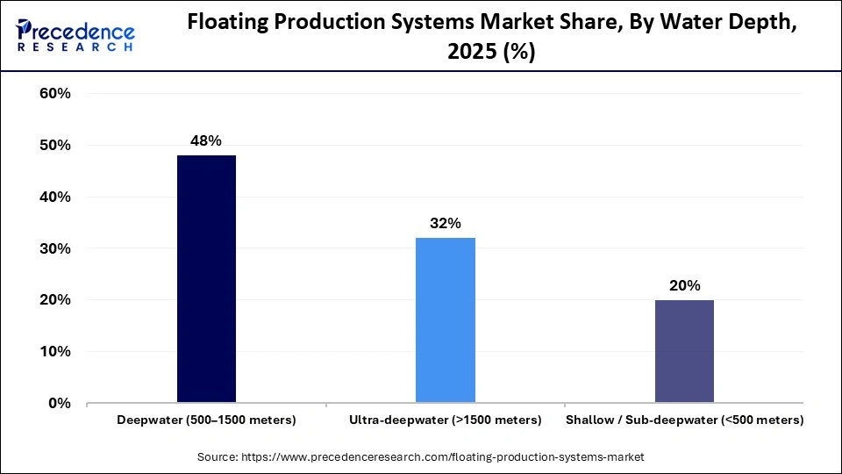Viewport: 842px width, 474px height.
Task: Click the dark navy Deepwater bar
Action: click(x=206, y=279)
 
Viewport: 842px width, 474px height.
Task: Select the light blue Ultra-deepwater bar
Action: click(x=446, y=320)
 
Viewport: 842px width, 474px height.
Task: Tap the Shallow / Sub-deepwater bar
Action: click(x=684, y=351)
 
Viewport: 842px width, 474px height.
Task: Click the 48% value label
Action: click(x=206, y=140)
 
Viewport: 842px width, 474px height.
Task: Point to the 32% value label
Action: click(x=446, y=223)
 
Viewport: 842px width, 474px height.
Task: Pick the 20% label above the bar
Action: click(x=684, y=285)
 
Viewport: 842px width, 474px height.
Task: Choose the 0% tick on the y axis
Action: click(x=58, y=404)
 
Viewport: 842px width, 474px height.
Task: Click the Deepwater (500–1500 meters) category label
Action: click(x=206, y=420)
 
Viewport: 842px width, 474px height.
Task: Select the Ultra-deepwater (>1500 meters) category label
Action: click(x=446, y=420)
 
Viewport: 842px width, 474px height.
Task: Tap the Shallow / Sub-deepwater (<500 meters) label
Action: click(x=684, y=420)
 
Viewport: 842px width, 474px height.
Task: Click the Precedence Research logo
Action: click(x=75, y=35)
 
